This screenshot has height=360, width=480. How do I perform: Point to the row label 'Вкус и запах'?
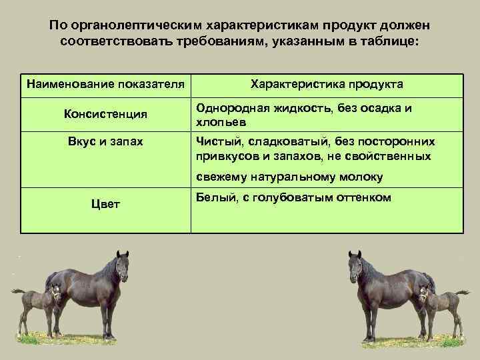(105, 141)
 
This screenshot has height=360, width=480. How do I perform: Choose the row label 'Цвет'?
(105, 203)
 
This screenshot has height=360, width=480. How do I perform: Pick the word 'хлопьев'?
(217, 123)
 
